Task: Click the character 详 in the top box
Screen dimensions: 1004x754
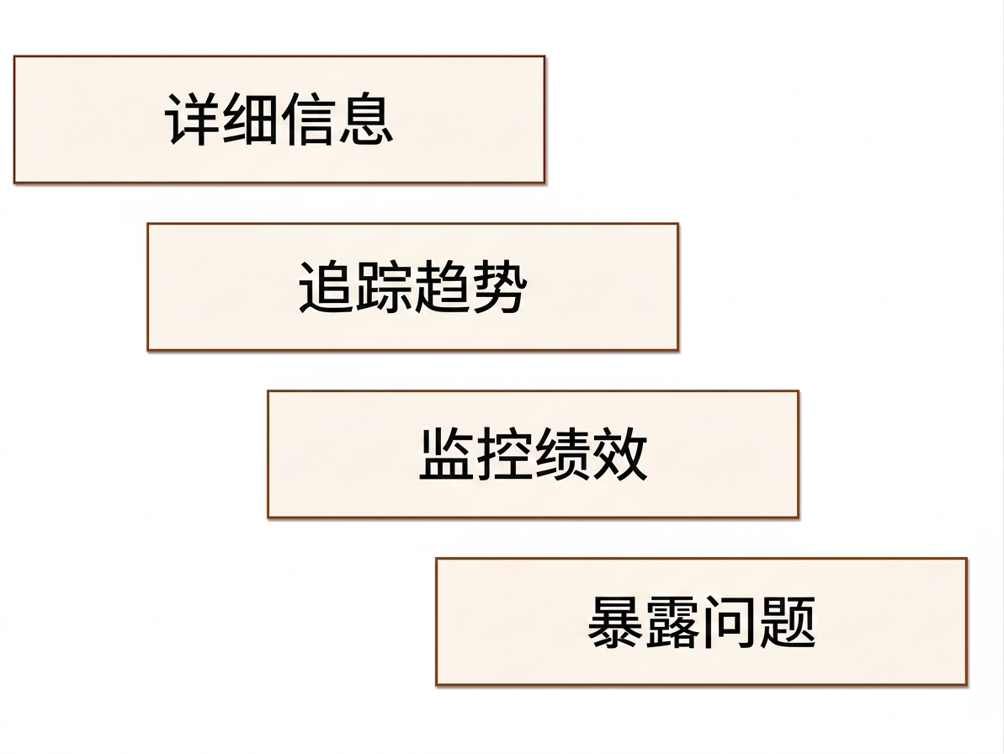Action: [x=193, y=119]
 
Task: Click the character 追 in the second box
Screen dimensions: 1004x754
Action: [x=327, y=287]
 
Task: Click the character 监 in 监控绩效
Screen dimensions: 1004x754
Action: [x=447, y=454]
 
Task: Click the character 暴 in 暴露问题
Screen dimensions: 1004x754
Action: [x=615, y=622]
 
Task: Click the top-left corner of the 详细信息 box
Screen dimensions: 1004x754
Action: [x=14, y=56]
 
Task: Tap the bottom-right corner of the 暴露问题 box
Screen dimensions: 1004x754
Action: [x=966, y=685]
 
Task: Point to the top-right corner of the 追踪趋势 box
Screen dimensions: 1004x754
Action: [x=678, y=224]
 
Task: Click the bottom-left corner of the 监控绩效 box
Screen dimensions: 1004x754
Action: [x=268, y=518]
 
